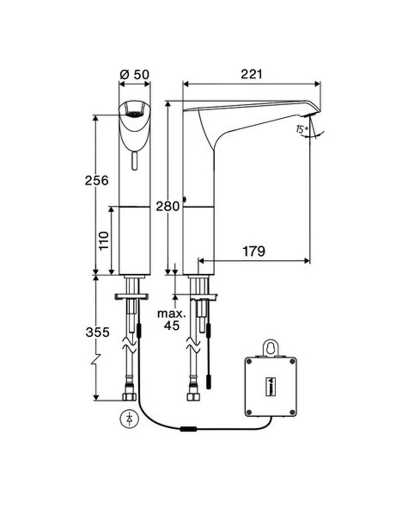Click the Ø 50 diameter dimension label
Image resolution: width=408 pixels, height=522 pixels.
pyautogui.click(x=135, y=74)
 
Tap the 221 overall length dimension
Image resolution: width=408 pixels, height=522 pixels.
pyautogui.click(x=251, y=74)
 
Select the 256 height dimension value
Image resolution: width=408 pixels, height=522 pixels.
pyautogui.click(x=97, y=180)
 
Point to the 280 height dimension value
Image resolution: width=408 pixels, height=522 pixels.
pyautogui.click(x=168, y=206)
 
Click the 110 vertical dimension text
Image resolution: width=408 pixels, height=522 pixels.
pyautogui.click(x=104, y=241)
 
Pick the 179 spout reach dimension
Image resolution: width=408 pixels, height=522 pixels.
pyautogui.click(x=253, y=251)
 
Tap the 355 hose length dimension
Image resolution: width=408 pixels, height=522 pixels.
pyautogui.click(x=97, y=332)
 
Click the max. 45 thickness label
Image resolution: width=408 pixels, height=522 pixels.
pyautogui.click(x=171, y=319)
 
